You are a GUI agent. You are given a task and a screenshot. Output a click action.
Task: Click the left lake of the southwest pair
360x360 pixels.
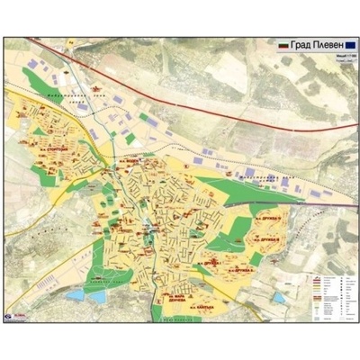tap(76, 293)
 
